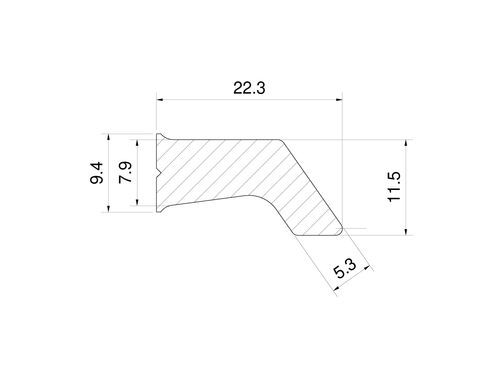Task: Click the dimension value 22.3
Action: pyautogui.click(x=249, y=89)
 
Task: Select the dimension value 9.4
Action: pyautogui.click(x=96, y=173)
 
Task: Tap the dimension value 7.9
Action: pyautogui.click(x=126, y=173)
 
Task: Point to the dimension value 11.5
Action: pyautogui.click(x=394, y=187)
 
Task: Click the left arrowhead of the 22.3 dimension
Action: pyautogui.click(x=159, y=100)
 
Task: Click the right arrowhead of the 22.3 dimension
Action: pyautogui.click(x=339, y=100)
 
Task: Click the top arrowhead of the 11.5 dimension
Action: pyautogui.click(x=406, y=143)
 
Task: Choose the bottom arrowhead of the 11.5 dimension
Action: pyautogui.click(x=406, y=232)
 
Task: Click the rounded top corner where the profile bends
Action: pyautogui.click(x=281, y=141)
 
